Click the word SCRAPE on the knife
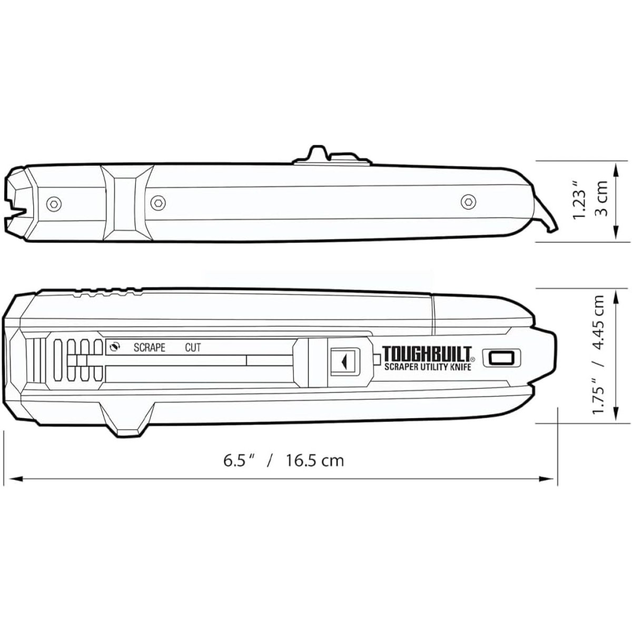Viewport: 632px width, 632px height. pyautogui.click(x=149, y=348)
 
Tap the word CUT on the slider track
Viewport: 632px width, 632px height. pyautogui.click(x=193, y=348)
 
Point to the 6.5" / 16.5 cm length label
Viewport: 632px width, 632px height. pyautogui.click(x=284, y=461)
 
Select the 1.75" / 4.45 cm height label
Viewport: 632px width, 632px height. pyautogui.click(x=599, y=354)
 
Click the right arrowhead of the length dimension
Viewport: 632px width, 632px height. pyautogui.click(x=548, y=479)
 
